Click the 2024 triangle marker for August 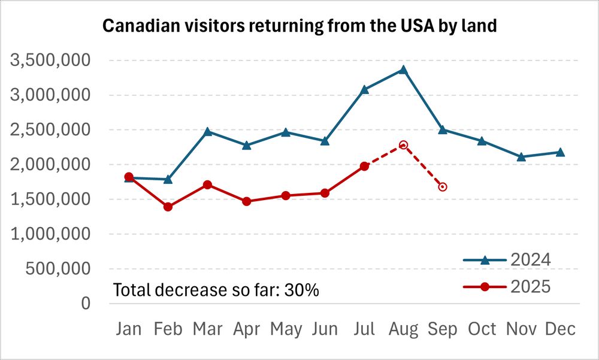point(404,69)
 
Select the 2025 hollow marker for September point(443,187)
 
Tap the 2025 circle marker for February point(168,207)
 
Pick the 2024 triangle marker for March point(207,131)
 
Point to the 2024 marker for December point(560,152)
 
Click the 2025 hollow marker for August point(404,145)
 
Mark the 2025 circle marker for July point(364,166)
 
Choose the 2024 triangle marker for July point(364,89)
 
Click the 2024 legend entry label point(530,260)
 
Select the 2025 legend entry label point(530,288)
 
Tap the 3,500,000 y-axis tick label point(50,60)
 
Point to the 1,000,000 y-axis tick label point(50,234)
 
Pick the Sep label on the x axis point(443,329)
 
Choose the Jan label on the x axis point(129,329)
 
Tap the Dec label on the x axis point(560,329)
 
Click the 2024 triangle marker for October point(482,141)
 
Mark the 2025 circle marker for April point(246,201)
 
